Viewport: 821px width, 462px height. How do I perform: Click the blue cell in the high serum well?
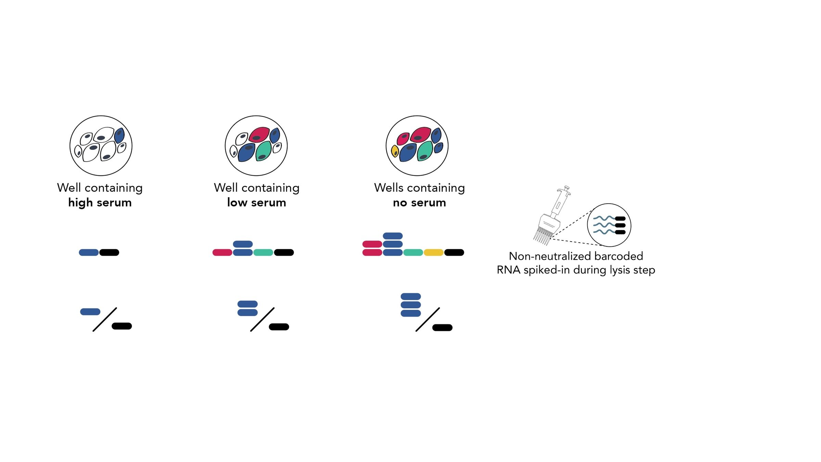pos(119,136)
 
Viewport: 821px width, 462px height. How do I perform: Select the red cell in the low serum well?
pos(259,134)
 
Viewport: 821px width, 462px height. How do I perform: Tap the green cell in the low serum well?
pos(264,151)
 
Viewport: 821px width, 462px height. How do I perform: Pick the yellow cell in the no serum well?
pos(395,151)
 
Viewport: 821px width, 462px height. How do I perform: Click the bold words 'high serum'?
pos(100,203)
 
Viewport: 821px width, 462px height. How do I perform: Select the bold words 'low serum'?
pos(257,203)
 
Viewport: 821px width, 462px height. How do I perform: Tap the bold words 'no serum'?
pos(419,203)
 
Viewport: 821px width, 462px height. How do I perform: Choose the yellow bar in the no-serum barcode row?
pos(434,253)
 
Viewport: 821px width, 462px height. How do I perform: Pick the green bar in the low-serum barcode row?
pos(263,253)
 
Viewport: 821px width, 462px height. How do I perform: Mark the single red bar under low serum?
pos(222,253)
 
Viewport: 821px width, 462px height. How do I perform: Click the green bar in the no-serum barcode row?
pos(413,253)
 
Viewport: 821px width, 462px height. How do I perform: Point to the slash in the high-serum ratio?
pos(105,319)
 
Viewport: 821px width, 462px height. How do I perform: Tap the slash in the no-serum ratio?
pos(427,319)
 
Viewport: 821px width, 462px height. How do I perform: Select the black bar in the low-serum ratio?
pos(279,327)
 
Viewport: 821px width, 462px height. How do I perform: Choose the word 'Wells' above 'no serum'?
pos(389,188)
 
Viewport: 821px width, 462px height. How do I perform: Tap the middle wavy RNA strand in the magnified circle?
pos(604,225)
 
